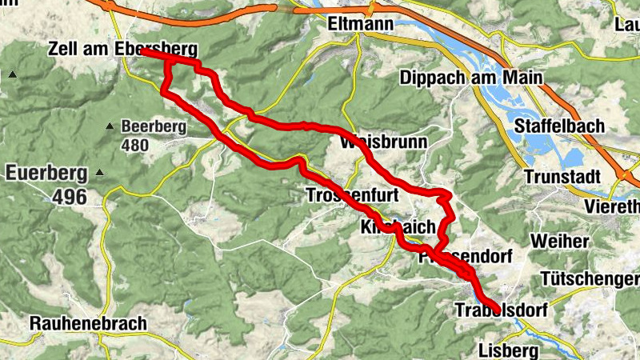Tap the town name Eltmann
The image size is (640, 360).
pyautogui.click(x=361, y=25)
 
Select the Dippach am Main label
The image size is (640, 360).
pyautogui.click(x=470, y=78)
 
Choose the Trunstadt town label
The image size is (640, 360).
pyautogui.click(x=561, y=176)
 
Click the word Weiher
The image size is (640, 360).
pyautogui.click(x=559, y=242)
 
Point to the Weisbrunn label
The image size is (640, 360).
pyautogui.click(x=383, y=142)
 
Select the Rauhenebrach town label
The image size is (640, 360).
pyautogui.click(x=88, y=323)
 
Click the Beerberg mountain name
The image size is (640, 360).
pyautogui.click(x=154, y=126)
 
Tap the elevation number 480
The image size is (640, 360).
pyautogui.click(x=136, y=146)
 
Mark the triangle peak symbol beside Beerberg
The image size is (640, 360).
pyautogui.click(x=110, y=126)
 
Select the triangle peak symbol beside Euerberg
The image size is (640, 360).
pyautogui.click(x=99, y=173)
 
